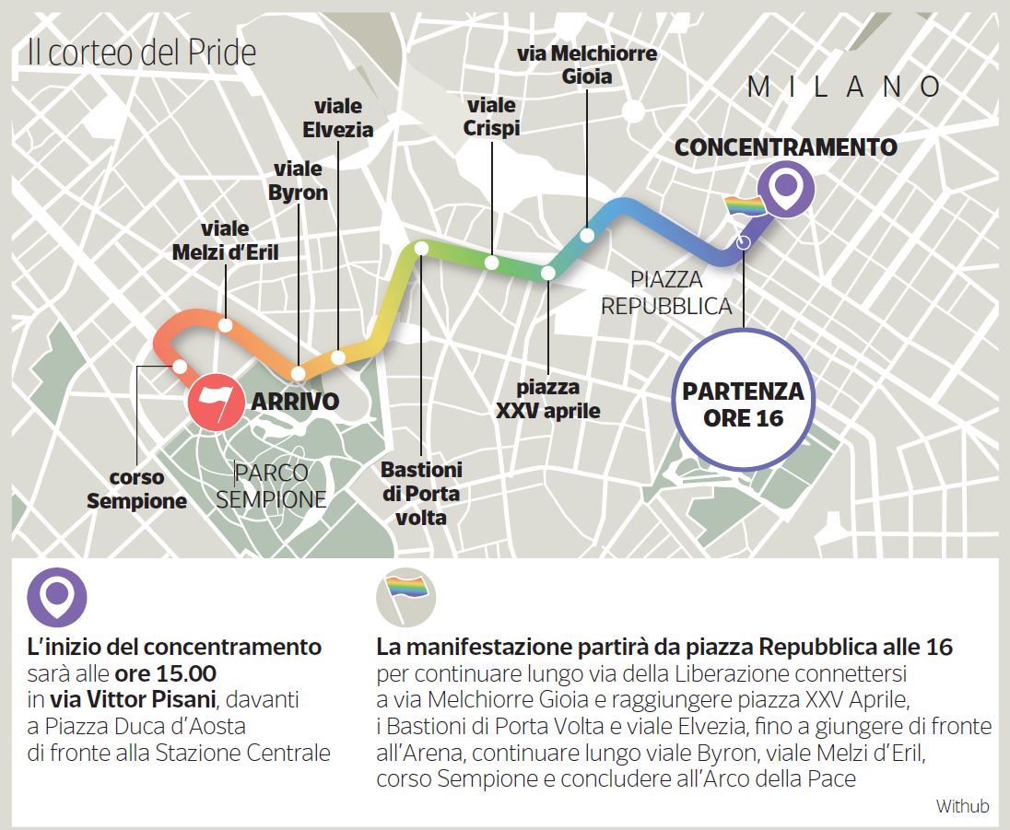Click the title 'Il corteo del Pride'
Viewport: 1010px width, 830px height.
pos(141,53)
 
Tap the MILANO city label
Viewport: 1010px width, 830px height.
pos(843,88)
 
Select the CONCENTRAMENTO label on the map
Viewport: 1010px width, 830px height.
pos(785,147)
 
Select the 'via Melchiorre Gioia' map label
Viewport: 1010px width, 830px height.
pos(587,64)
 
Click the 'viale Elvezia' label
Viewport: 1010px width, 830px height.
pos(338,118)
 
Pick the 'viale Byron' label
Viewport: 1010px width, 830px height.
pos(298,181)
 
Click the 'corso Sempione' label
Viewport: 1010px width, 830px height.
pos(136,489)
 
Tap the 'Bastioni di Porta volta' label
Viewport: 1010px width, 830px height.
pos(421,493)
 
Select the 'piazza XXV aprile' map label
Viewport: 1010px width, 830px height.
pos(547,399)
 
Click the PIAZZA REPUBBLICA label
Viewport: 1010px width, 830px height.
pos(666,293)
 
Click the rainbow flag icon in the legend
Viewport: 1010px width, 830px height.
pos(406,596)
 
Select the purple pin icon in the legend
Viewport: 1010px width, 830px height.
pos(57,597)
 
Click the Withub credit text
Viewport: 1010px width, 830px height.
pos(962,806)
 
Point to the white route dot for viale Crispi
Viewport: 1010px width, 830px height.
pos(492,263)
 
